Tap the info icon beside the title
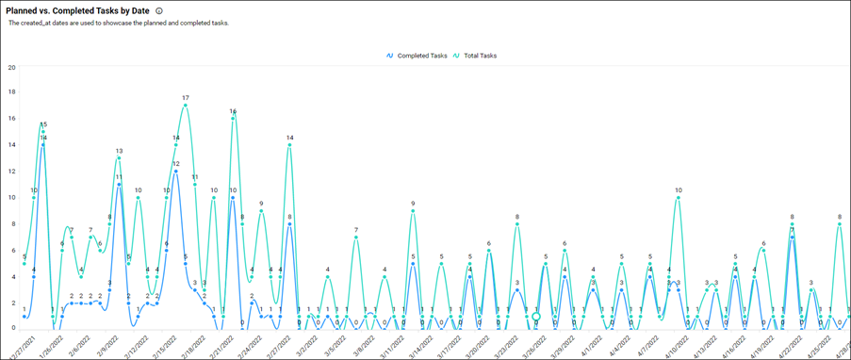pyautogui.click(x=159, y=10)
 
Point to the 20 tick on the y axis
pyautogui.click(x=10, y=67)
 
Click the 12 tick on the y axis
pyautogui.click(x=10, y=172)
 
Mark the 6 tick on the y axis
pyautogui.click(x=10, y=251)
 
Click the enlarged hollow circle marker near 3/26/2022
pyautogui.click(x=535, y=317)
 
